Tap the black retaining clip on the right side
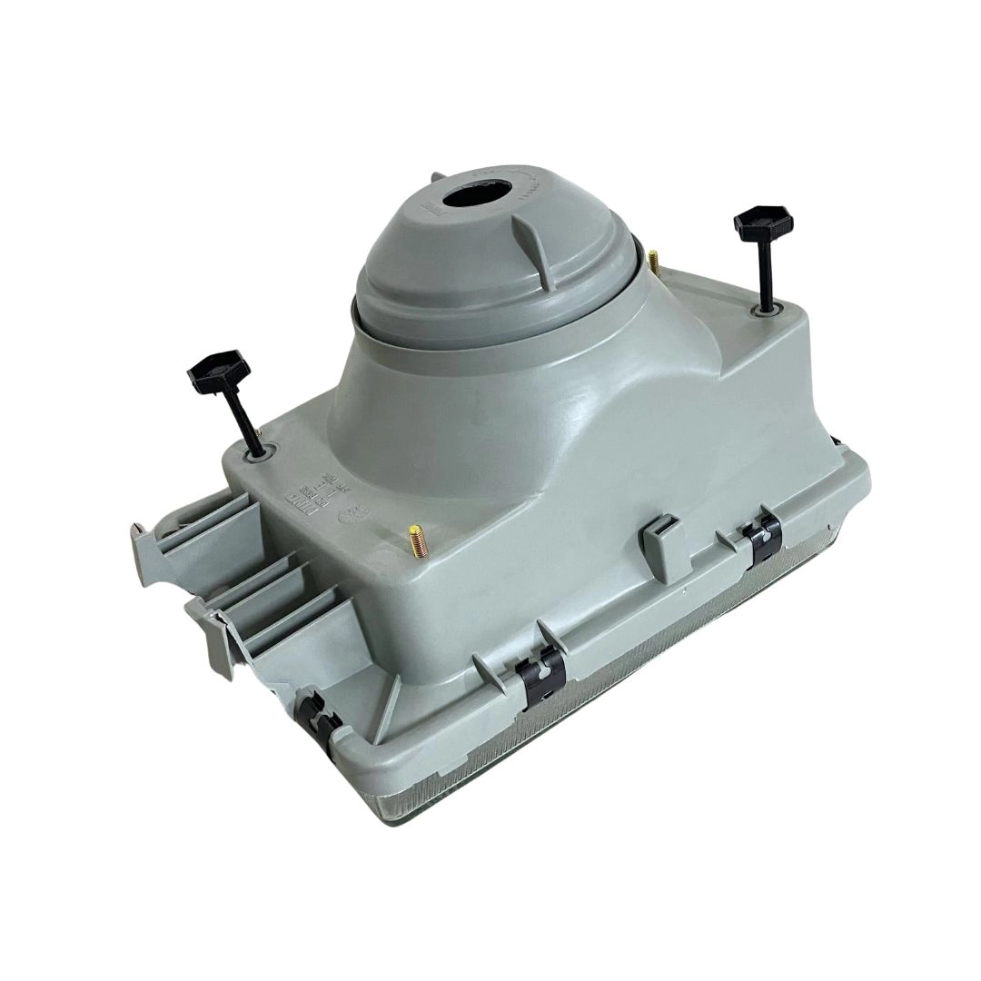click(x=761, y=542)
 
